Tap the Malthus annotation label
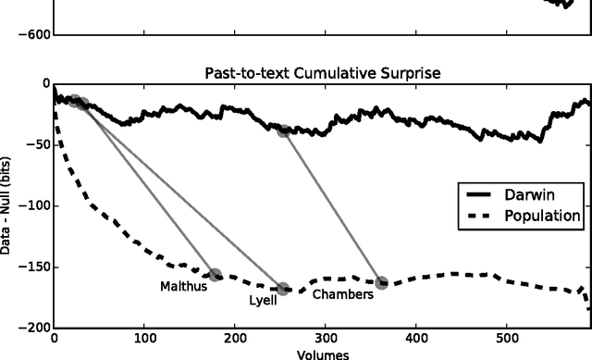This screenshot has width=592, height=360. tap(183, 287)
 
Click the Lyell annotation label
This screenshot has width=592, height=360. tap(263, 301)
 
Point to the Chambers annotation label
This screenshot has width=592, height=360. tap(342, 295)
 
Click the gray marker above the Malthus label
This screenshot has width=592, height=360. tap(216, 275)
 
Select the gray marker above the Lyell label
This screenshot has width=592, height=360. tap(283, 289)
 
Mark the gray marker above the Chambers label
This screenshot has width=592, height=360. tap(381, 282)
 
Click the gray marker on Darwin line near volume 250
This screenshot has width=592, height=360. tap(284, 130)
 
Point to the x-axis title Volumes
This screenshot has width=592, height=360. tap(322, 354)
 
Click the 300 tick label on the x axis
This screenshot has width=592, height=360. tap(326, 339)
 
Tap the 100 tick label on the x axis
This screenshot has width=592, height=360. tap(144, 339)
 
